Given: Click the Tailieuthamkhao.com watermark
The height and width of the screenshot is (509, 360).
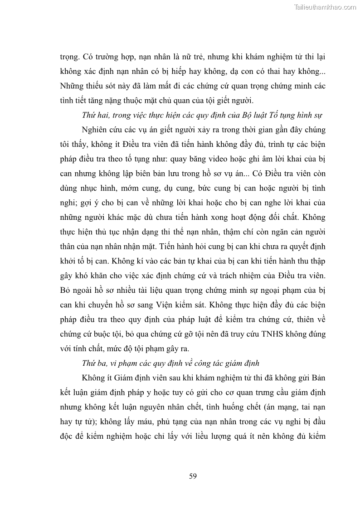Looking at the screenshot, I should pyautogui.click(x=325, y=7).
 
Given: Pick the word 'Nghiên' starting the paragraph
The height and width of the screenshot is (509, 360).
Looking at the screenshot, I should pyautogui.click(x=96, y=130).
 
